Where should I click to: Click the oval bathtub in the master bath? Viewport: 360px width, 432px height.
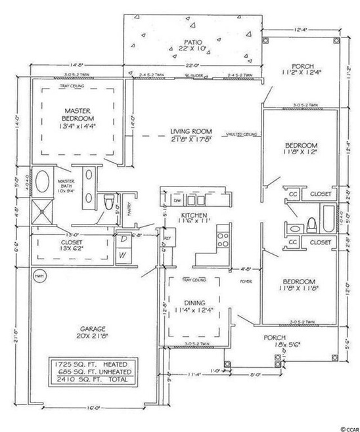pyautogui.click(x=43, y=182)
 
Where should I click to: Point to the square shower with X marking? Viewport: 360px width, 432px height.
pyautogui.click(x=43, y=211)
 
